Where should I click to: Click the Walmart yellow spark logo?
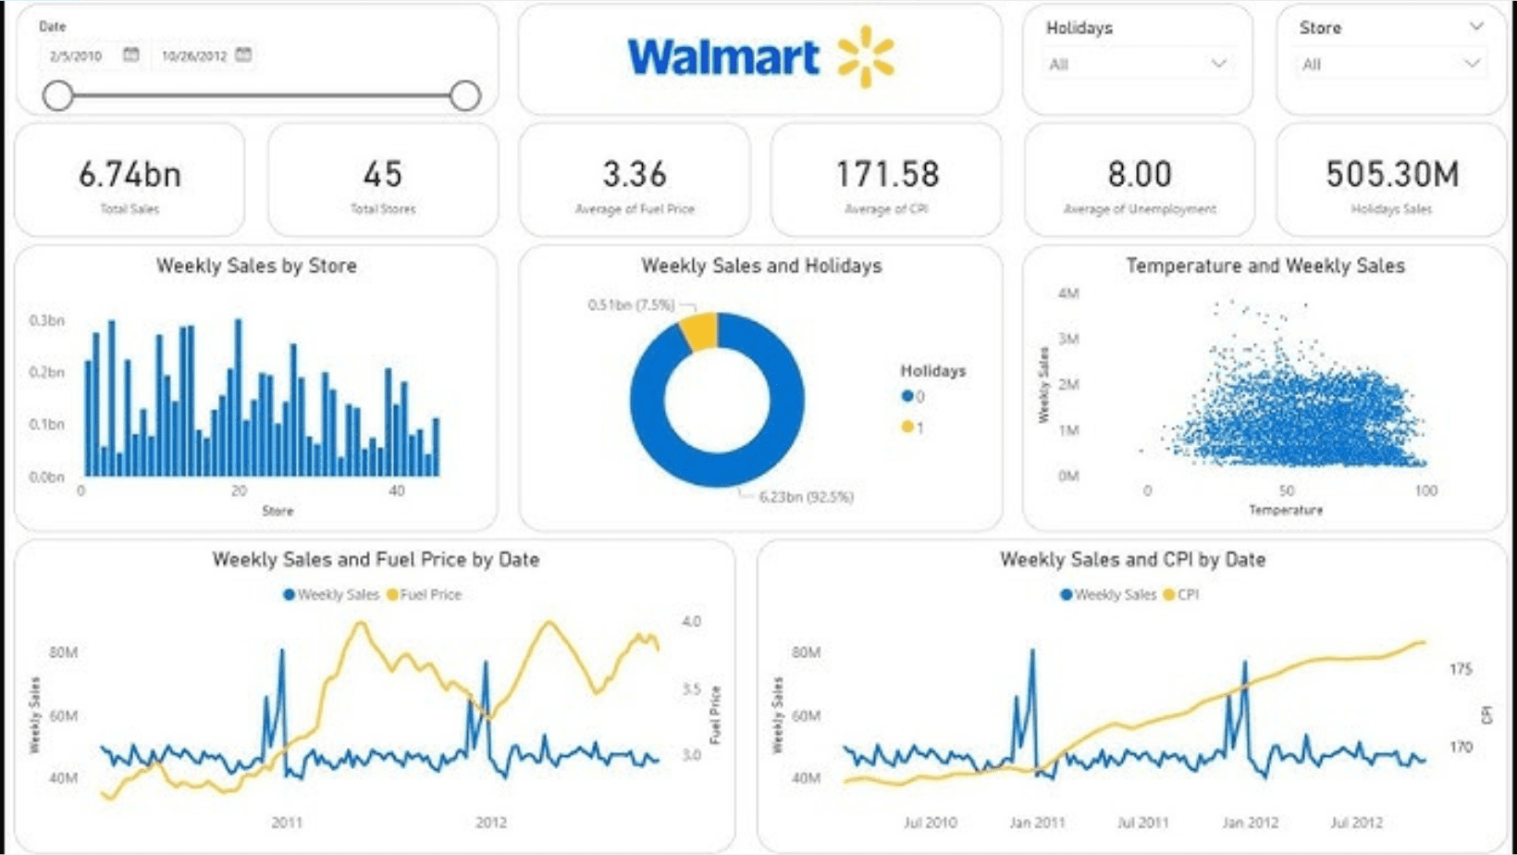(x=865, y=56)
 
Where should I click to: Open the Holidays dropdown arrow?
(x=1218, y=64)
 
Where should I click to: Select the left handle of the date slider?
(x=58, y=95)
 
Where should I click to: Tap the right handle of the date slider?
(x=465, y=95)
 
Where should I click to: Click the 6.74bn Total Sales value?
(x=129, y=174)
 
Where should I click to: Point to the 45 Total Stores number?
(x=382, y=174)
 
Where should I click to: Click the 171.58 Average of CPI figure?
(x=887, y=174)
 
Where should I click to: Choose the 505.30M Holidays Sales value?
(x=1391, y=174)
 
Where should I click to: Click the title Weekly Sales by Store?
(x=256, y=266)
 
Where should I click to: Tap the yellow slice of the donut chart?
(x=700, y=331)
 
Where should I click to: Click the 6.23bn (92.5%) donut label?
(x=806, y=497)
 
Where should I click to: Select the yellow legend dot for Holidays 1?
(x=907, y=427)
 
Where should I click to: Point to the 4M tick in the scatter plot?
(x=1068, y=293)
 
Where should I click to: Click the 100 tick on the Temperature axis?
(x=1425, y=490)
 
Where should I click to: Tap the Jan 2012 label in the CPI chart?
(x=1250, y=822)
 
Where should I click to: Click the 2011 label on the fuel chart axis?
(x=287, y=822)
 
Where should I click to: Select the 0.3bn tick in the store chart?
(x=46, y=320)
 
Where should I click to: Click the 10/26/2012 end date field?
(x=194, y=56)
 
